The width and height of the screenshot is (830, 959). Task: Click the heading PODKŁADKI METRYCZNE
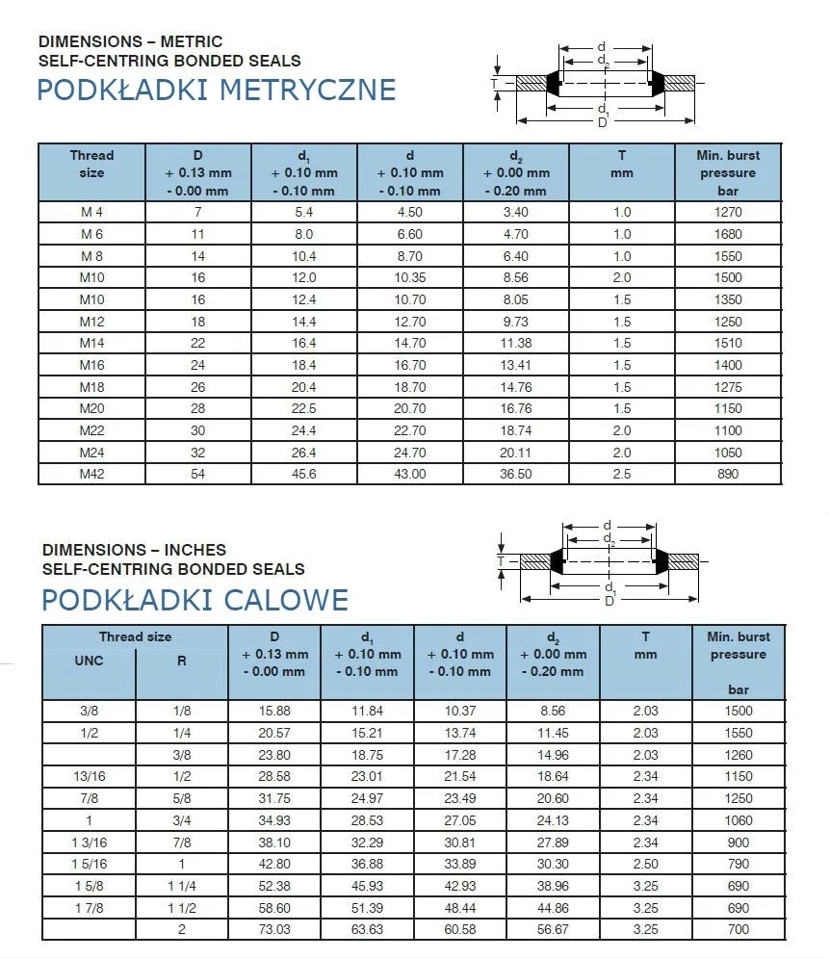pos(217,90)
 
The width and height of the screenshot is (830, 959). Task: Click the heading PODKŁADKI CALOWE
pos(195,600)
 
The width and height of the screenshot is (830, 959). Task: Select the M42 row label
pos(92,474)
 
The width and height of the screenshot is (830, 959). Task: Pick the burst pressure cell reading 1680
pos(729,234)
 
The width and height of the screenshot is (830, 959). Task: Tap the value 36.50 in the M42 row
pos(516,474)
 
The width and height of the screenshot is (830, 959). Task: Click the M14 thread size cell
pos(92,343)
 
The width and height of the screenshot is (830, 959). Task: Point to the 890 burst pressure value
pos(729,474)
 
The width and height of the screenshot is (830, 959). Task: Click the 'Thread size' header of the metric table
pos(92,164)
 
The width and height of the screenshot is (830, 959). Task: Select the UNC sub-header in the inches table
pos(89,661)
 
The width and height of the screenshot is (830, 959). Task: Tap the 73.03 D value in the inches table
pos(274,929)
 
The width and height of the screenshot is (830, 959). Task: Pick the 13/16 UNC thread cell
pos(89,776)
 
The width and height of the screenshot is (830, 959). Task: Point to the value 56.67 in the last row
pos(553,929)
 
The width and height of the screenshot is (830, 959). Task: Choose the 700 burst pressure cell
pos(739,929)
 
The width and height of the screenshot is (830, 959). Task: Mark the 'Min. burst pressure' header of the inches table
pos(739,654)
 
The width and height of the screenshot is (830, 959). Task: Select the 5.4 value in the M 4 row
pos(304,212)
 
